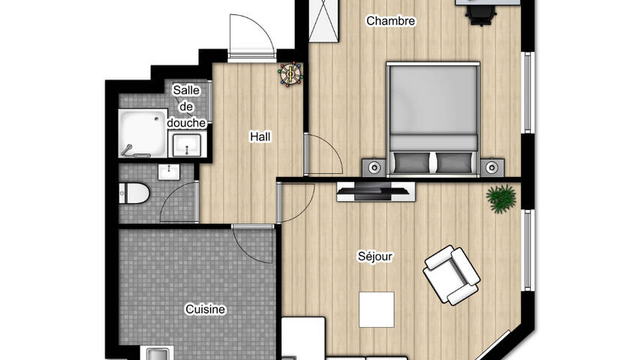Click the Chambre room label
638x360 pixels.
click(390, 21)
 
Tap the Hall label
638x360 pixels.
click(260, 136)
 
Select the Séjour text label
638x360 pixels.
click(375, 256)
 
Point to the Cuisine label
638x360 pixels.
click(205, 309)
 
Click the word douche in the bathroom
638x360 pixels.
click(186, 123)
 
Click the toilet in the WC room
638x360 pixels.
click(134, 193)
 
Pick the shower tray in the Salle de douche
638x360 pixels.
click(143, 133)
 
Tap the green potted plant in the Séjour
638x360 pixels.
click(501, 199)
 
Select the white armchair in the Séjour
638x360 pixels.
click(452, 275)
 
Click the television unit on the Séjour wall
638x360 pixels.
click(376, 191)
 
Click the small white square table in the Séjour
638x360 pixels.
click(376, 310)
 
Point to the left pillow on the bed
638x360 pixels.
click(412, 163)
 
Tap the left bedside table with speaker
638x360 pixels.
click(375, 167)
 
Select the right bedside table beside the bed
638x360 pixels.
click(492, 167)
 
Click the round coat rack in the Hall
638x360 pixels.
click(290, 73)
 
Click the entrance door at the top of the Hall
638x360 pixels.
click(251, 37)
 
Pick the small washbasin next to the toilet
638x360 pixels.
click(169, 172)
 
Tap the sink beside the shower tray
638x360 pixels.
click(187, 145)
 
